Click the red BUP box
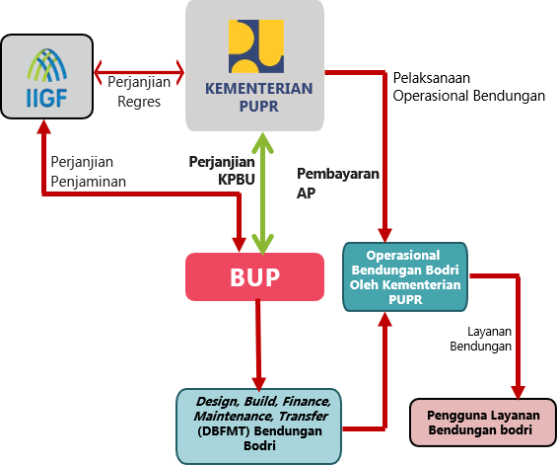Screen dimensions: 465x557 coord(255,277)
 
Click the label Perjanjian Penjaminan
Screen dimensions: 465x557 coord(88,172)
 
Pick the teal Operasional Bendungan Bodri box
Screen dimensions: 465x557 coord(405,277)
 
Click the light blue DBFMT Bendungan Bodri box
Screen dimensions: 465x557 coord(260,424)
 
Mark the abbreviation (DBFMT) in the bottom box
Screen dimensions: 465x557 coord(223,432)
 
